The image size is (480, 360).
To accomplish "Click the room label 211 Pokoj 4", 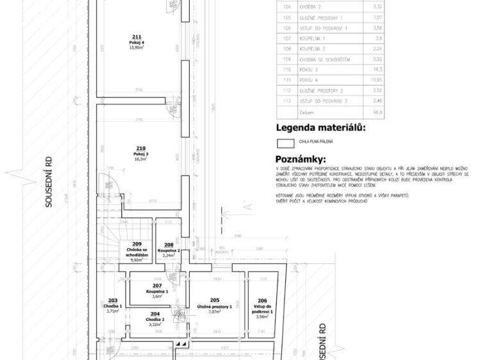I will click(x=136, y=42).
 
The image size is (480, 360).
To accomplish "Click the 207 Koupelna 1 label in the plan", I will click(x=157, y=291).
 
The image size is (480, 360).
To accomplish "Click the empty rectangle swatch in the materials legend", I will click(x=285, y=143).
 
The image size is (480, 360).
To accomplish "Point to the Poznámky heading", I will click(x=300, y=159).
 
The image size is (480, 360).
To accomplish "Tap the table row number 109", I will click(x=286, y=59).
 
